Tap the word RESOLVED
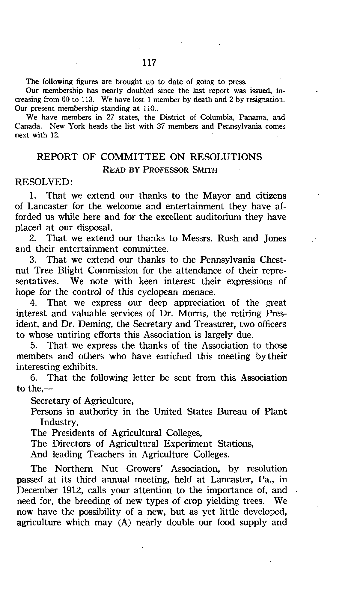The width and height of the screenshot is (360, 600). click(42, 182)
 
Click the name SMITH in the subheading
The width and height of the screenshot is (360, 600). click(205, 170)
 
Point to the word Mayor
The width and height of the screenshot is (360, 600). click(217, 196)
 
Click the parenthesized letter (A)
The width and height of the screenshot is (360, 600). click(121, 523)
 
